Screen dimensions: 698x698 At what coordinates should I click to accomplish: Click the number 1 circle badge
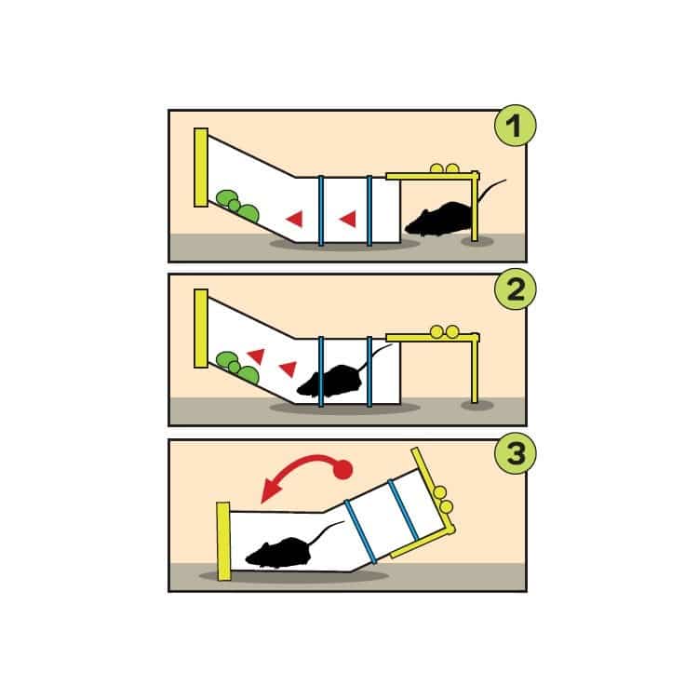[x=515, y=125]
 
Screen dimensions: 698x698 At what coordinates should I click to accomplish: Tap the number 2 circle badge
[x=515, y=289]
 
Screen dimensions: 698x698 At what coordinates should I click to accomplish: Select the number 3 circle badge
[x=515, y=453]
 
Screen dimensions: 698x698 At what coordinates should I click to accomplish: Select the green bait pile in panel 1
[x=237, y=206]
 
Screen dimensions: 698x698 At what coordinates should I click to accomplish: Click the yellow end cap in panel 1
[x=201, y=168]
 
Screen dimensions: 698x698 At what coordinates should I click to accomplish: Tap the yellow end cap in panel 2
[x=201, y=329]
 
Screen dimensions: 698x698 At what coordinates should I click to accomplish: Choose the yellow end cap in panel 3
[x=223, y=542]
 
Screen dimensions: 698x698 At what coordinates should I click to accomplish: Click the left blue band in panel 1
[x=321, y=210]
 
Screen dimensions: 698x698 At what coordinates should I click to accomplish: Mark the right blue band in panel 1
[x=369, y=210]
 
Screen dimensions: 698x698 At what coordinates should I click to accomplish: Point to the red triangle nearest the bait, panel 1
[x=295, y=219]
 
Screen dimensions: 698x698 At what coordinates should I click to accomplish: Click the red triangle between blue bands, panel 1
[x=349, y=219]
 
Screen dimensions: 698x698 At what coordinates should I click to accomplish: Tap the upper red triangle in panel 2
[x=257, y=356]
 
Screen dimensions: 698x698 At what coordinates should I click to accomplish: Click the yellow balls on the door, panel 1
[x=444, y=168]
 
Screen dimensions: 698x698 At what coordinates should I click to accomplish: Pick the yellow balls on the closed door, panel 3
[x=443, y=500]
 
